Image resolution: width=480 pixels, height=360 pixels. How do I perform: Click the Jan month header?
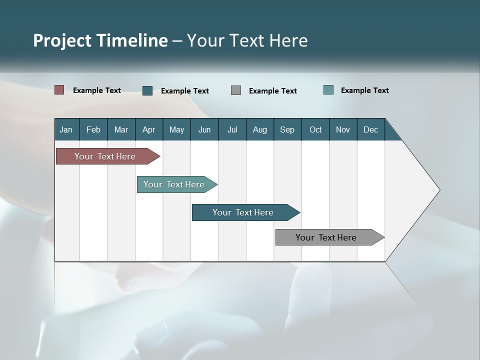[66, 129]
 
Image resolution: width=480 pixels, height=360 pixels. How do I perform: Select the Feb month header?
[93, 129]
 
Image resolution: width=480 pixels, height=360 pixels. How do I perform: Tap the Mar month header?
[121, 129]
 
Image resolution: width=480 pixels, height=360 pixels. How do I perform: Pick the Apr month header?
[149, 129]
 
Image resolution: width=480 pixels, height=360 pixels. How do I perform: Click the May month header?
[176, 129]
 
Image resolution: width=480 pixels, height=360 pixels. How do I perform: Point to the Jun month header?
[204, 129]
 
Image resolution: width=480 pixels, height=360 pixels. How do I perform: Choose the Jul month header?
[232, 129]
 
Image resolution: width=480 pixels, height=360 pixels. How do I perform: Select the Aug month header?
[260, 129]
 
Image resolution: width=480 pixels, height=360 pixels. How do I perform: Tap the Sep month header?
[287, 129]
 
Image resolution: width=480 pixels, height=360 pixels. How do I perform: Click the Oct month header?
[315, 129]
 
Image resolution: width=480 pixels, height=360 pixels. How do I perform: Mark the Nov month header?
[343, 129]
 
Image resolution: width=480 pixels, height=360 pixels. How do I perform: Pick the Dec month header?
[371, 129]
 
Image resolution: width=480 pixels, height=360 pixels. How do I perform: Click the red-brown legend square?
[59, 90]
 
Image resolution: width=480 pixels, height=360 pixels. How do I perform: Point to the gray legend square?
[236, 90]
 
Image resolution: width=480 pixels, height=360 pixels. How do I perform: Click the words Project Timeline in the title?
[100, 40]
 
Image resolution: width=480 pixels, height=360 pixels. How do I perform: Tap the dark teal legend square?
[147, 90]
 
